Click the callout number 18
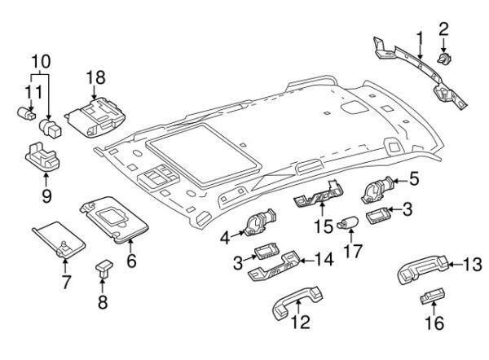point(95,77)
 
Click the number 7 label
point(66,283)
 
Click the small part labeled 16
point(433,298)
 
